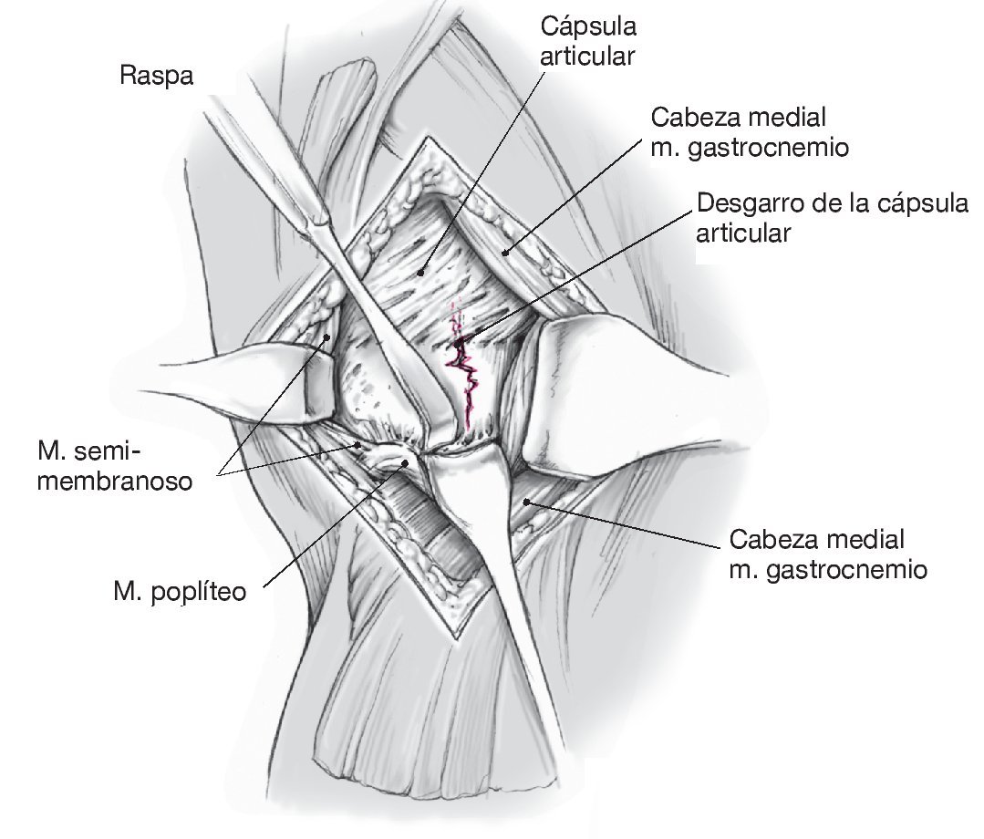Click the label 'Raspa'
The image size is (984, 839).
tap(156, 76)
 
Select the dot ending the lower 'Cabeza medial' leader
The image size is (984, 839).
tap(526, 500)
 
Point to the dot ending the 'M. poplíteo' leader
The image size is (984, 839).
tap(406, 461)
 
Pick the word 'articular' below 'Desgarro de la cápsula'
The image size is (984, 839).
tap(742, 233)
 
